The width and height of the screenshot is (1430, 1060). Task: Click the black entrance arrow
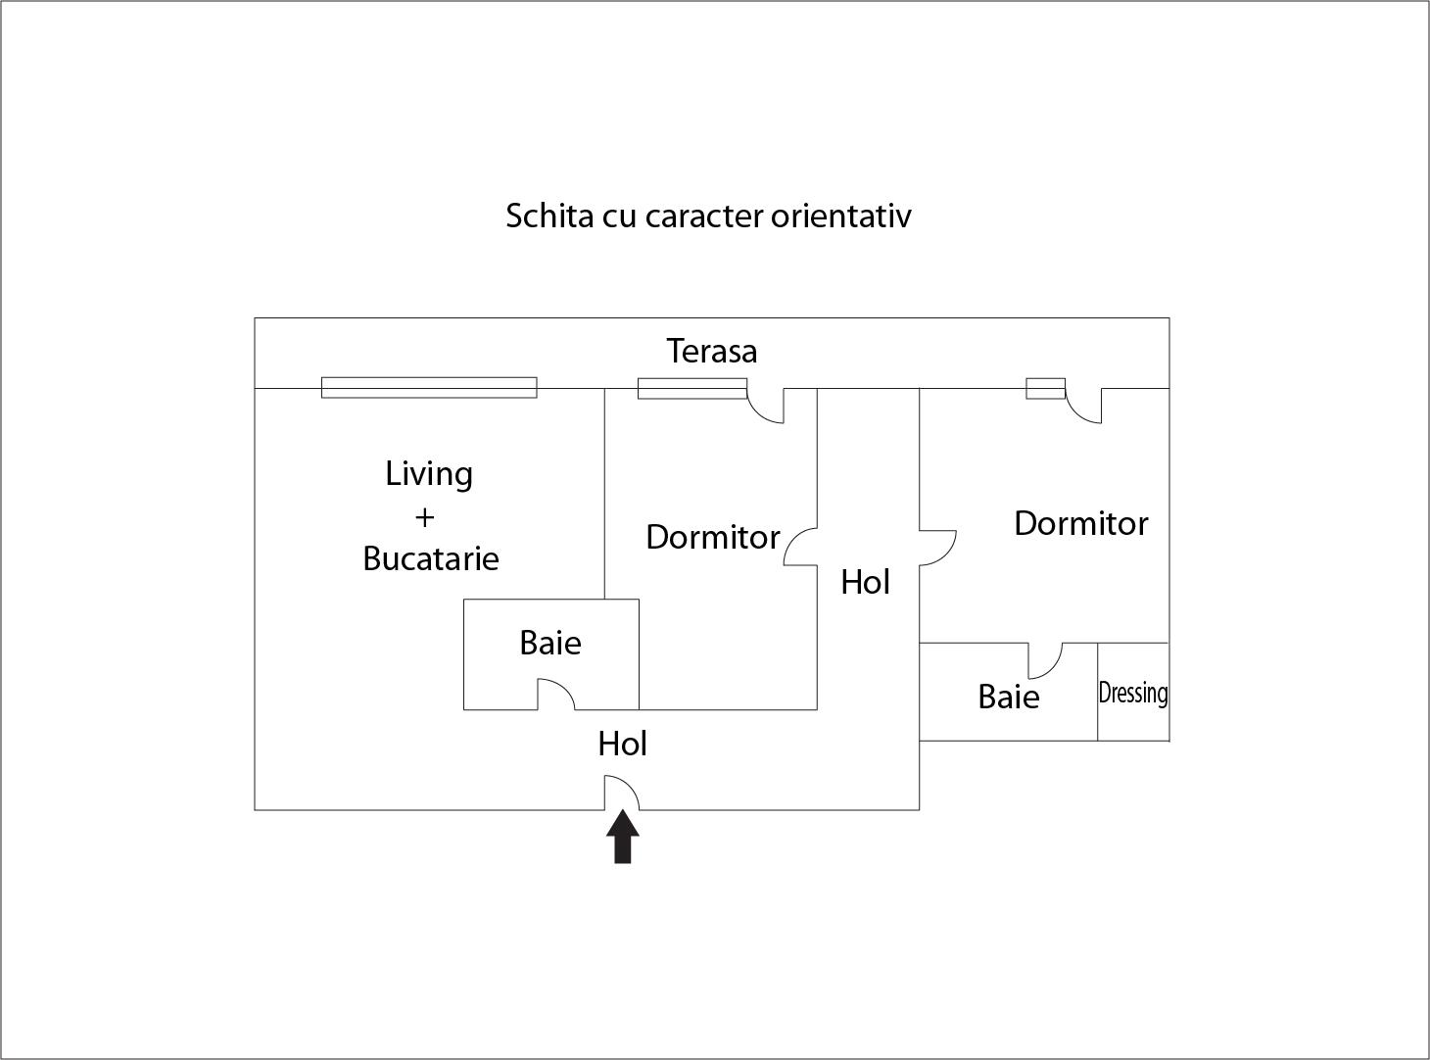[622, 837]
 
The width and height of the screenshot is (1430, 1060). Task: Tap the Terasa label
[711, 351]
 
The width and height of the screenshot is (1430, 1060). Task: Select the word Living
[429, 475]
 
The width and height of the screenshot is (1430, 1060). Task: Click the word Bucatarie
[431, 558]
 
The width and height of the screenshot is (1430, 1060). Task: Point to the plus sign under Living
[424, 517]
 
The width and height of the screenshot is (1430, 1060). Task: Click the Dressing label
[1133, 695]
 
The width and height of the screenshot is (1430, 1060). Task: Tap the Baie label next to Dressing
[1009, 698]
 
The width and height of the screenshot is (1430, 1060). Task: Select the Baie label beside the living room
[549, 644]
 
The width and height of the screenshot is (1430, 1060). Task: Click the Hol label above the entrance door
[622, 744]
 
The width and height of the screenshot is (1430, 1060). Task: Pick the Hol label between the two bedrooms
[865, 583]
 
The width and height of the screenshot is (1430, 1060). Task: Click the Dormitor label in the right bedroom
[1081, 523]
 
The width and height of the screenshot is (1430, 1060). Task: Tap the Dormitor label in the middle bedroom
[713, 538]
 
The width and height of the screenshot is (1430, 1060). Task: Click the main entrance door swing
[622, 793]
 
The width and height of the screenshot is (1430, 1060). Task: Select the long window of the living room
[429, 388]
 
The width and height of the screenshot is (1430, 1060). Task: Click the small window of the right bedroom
[1046, 388]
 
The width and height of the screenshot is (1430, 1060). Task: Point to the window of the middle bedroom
[692, 388]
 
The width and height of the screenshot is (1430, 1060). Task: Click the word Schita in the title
[549, 217]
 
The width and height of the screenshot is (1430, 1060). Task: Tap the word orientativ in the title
[841, 217]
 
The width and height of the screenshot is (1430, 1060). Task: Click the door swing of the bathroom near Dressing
[1044, 660]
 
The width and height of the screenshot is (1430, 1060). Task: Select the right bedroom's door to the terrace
[1083, 406]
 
